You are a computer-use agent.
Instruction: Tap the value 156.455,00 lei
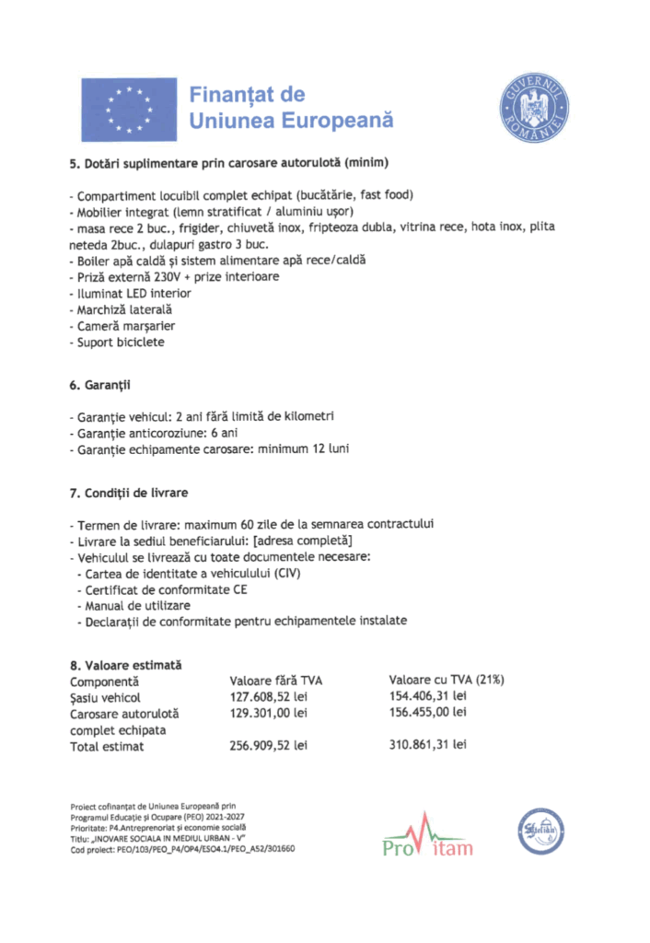tap(427, 712)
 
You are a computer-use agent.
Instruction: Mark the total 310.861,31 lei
tap(427, 744)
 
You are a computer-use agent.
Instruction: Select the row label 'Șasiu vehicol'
tap(105, 697)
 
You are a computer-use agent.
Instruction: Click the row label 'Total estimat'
tap(107, 747)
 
